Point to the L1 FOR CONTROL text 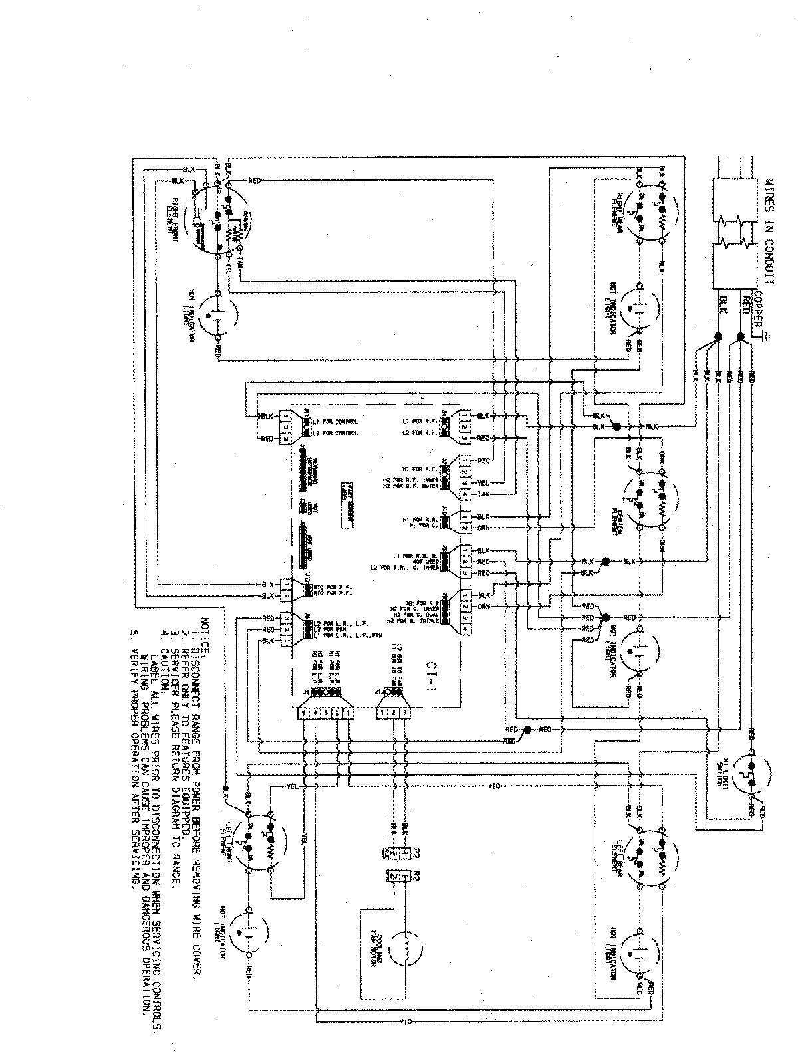click(x=335, y=423)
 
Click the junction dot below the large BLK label click(x=719, y=337)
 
